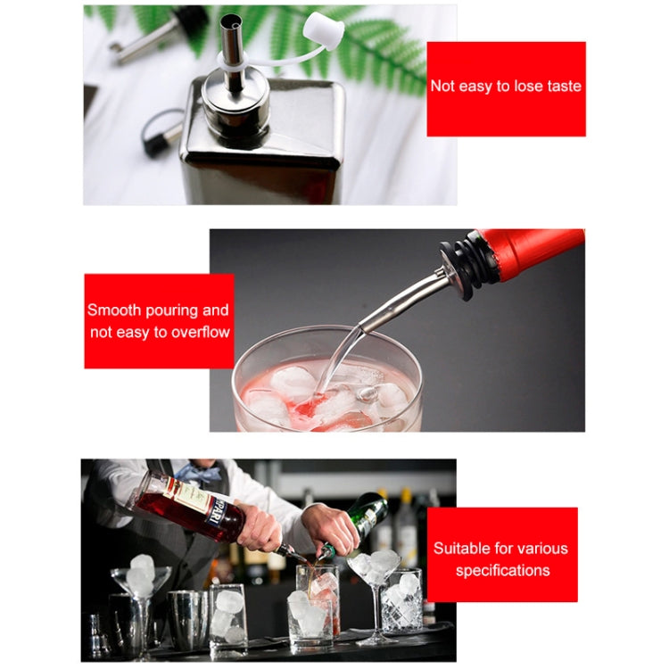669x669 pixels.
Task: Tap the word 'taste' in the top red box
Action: pos(564,87)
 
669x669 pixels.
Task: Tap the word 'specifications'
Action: pos(502,571)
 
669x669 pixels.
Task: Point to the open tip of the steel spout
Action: pos(232,21)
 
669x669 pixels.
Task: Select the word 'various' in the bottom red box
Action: pos(543,549)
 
